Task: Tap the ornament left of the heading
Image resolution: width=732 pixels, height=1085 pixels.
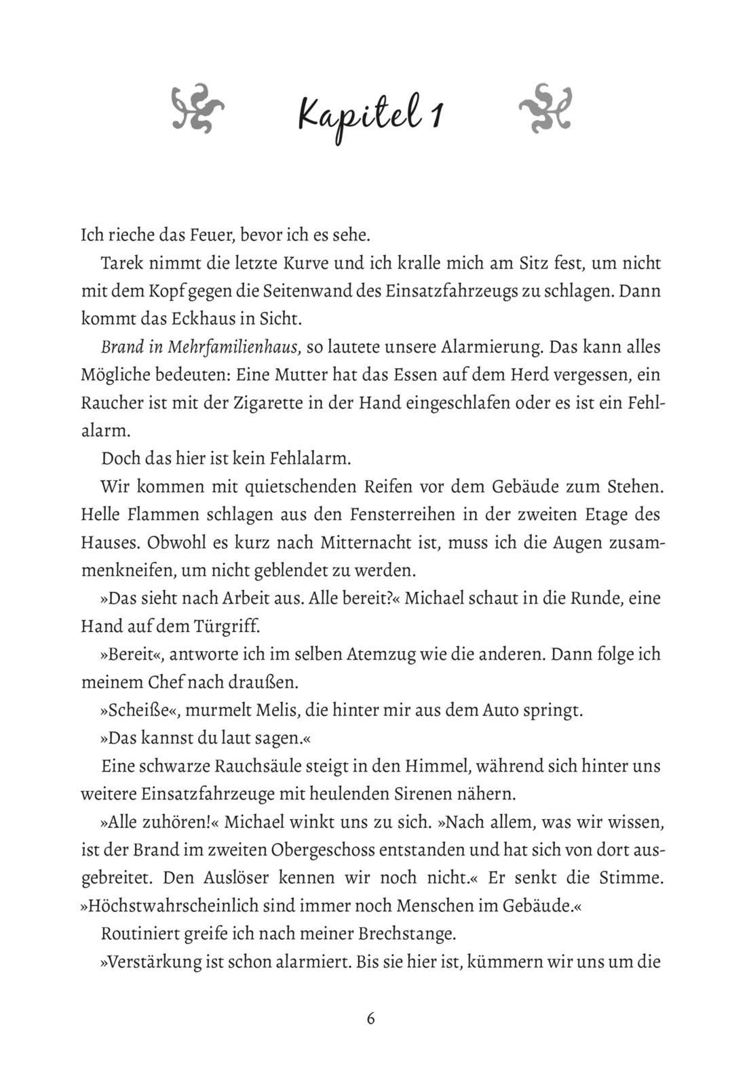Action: pyautogui.click(x=197, y=108)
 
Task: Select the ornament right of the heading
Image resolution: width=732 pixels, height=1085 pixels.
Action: pyautogui.click(x=545, y=108)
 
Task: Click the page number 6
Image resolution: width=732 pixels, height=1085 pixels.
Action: pyautogui.click(x=370, y=1018)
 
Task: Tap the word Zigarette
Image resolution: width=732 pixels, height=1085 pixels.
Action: pyautogui.click(x=273, y=402)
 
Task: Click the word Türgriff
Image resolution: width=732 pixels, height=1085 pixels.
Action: pyautogui.click(x=226, y=626)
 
